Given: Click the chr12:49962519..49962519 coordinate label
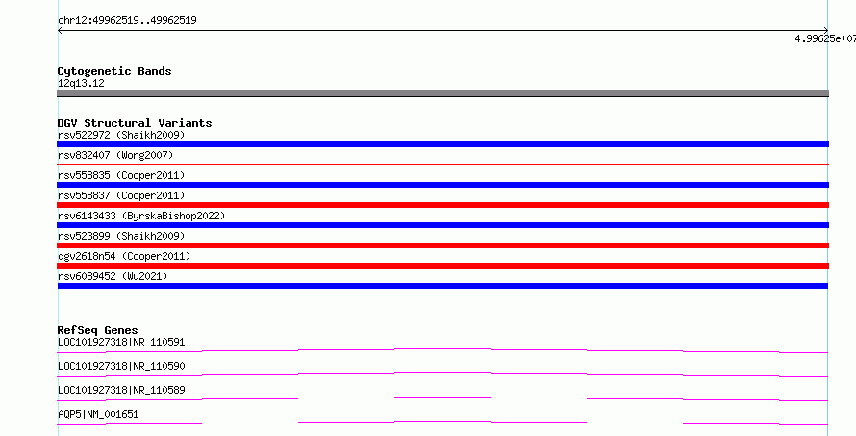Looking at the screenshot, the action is (x=127, y=21).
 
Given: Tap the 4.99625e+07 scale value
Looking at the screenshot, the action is (x=825, y=38).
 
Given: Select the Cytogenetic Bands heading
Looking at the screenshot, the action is (x=114, y=71).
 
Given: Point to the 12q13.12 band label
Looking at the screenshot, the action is (x=81, y=84).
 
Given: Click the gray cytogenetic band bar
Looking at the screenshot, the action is (x=442, y=93).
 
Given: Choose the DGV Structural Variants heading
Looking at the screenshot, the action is (x=135, y=123).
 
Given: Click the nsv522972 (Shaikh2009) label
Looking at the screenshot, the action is (x=121, y=135).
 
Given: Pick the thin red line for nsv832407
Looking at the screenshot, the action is (x=442, y=164).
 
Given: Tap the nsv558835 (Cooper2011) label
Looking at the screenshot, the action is (x=121, y=175).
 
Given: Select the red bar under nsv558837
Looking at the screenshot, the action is (x=442, y=205).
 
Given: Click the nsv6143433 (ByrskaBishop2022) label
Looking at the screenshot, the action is (x=141, y=216).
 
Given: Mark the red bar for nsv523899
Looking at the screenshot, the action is (x=442, y=245).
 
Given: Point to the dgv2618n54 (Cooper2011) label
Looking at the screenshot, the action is (x=124, y=256).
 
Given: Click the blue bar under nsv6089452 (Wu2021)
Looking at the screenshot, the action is (x=442, y=286).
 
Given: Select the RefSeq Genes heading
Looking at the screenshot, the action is (x=97, y=330).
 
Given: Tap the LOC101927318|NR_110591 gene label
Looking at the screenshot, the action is (x=121, y=343).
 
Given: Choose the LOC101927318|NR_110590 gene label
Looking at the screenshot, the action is (x=121, y=367).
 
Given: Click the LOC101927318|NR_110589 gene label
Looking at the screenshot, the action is (x=121, y=391).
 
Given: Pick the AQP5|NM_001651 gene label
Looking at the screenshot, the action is (x=98, y=415).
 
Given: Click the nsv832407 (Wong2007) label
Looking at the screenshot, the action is (x=115, y=155).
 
